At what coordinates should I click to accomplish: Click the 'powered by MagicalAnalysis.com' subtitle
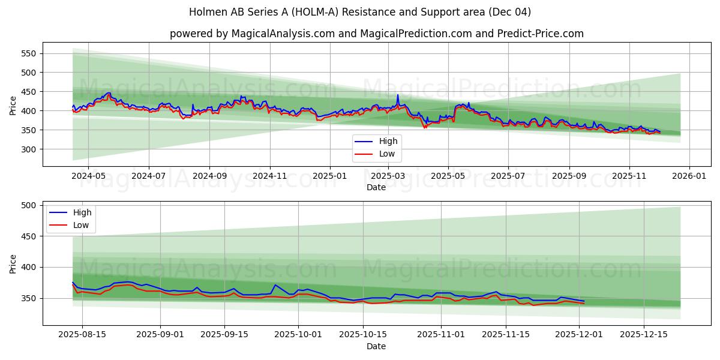coord(252,34)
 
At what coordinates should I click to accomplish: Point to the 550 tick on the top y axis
coord(28,53)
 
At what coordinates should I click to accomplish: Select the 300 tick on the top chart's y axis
coord(28,149)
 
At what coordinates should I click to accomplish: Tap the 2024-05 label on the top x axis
coord(88,176)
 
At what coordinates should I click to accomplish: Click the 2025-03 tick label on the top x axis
coord(388,176)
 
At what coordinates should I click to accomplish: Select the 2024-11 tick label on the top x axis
coord(269,176)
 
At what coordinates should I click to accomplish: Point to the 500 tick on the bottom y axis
coord(28,205)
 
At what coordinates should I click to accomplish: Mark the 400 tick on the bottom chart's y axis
coord(28,268)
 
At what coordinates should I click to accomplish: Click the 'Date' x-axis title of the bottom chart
coord(376,346)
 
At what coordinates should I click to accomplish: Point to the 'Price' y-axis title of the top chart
coord(13,104)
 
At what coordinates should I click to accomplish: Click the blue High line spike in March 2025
coord(397,95)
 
